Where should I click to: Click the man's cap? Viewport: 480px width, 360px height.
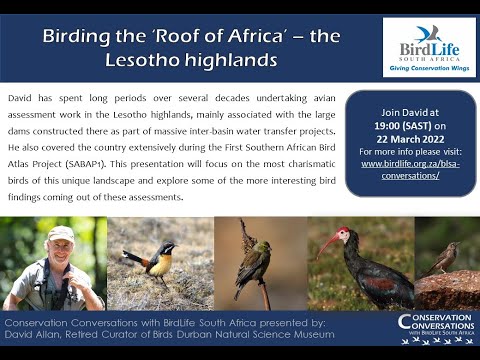pyautogui.click(x=61, y=233)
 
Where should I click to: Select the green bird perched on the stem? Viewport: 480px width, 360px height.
pyautogui.click(x=254, y=262)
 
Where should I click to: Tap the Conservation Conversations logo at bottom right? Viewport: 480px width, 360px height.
pyautogui.click(x=432, y=329)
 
